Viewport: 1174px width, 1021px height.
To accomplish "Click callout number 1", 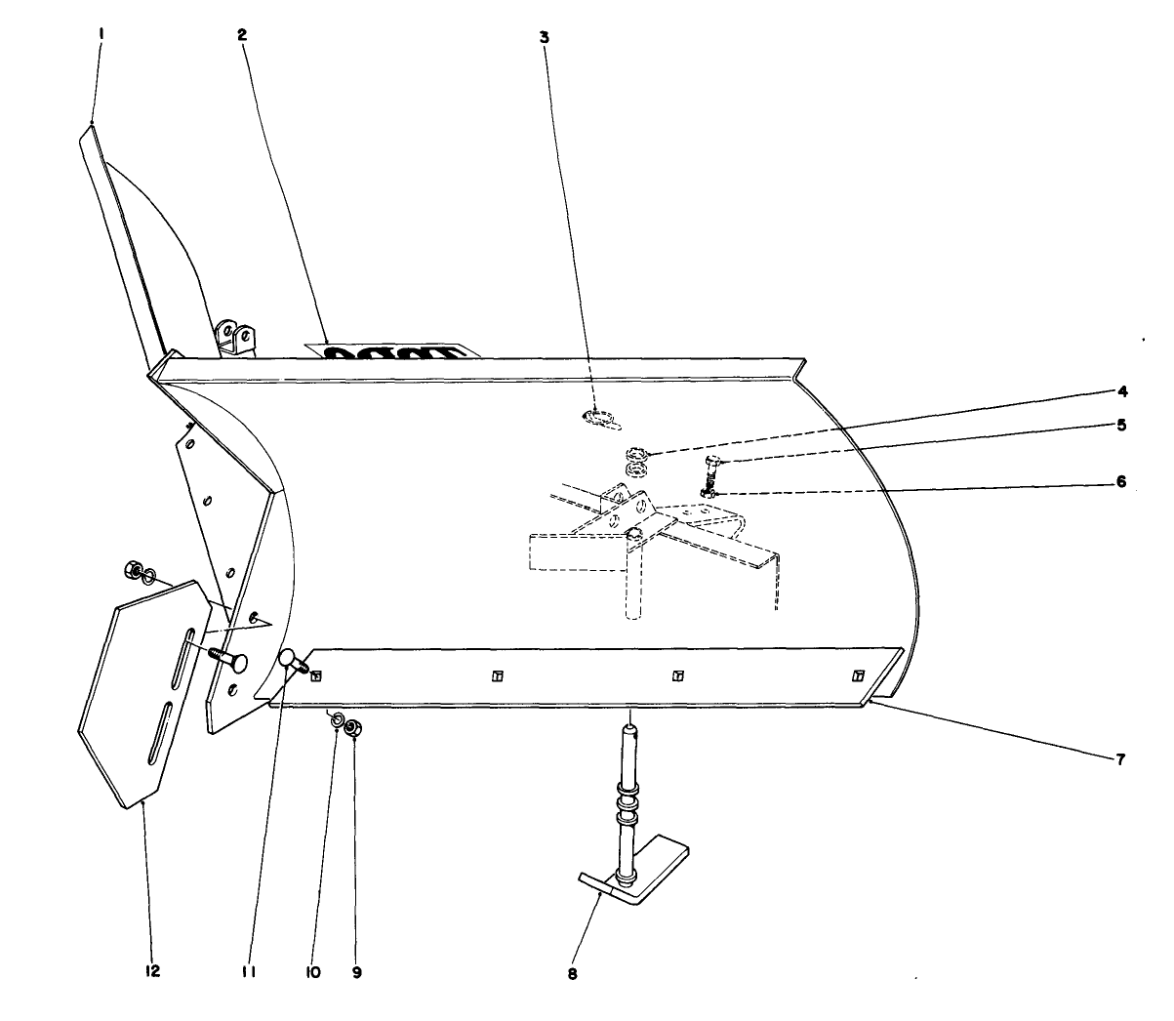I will coord(101,33).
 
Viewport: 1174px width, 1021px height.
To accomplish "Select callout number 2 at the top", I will coord(241,34).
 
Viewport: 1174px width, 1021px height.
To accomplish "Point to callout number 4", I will coord(1122,391).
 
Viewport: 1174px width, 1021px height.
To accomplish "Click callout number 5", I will coord(1122,425).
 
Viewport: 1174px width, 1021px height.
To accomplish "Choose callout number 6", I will coord(1122,481).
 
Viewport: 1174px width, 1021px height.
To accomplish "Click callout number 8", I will coord(572,973).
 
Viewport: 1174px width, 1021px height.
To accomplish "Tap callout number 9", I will coord(357,972).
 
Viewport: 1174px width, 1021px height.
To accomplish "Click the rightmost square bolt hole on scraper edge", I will coord(858,675).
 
